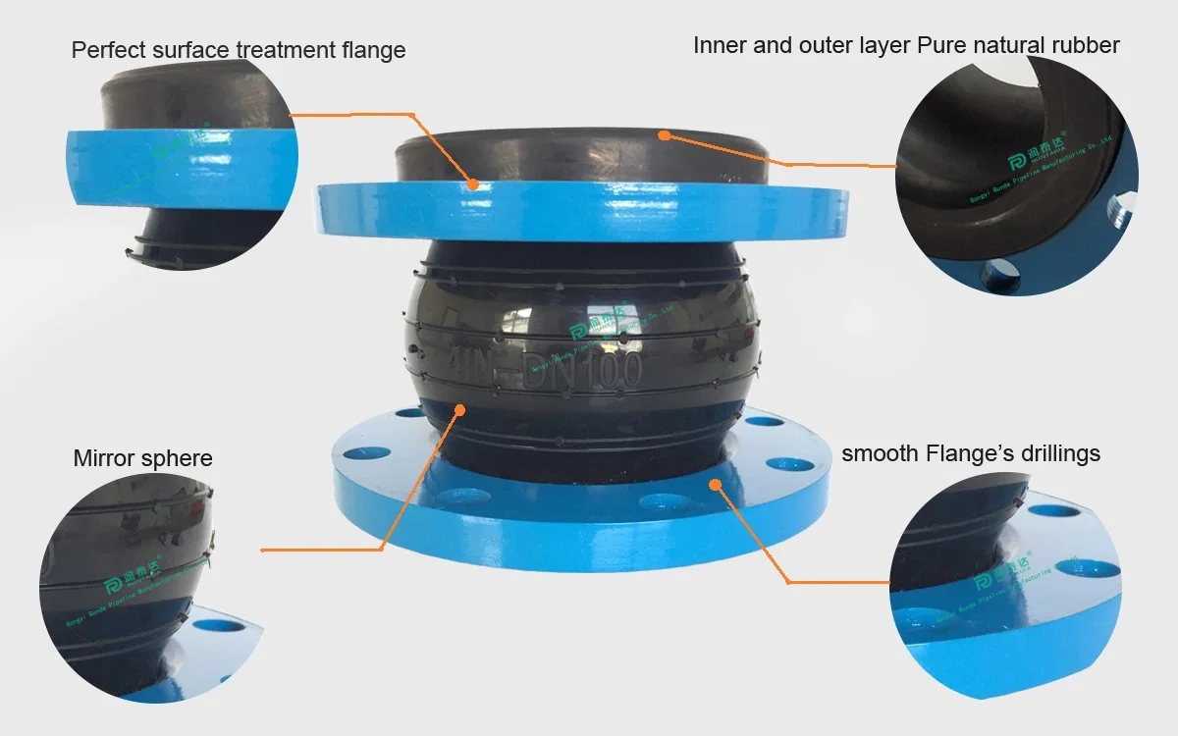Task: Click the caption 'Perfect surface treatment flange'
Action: [x=239, y=50]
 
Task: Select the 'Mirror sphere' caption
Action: [x=142, y=459]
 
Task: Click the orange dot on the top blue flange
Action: [x=473, y=184]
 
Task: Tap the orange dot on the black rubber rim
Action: [x=665, y=135]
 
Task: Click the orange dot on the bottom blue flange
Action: [x=716, y=483]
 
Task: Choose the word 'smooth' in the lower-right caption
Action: [x=880, y=453]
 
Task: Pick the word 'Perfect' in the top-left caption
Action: [x=107, y=50]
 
